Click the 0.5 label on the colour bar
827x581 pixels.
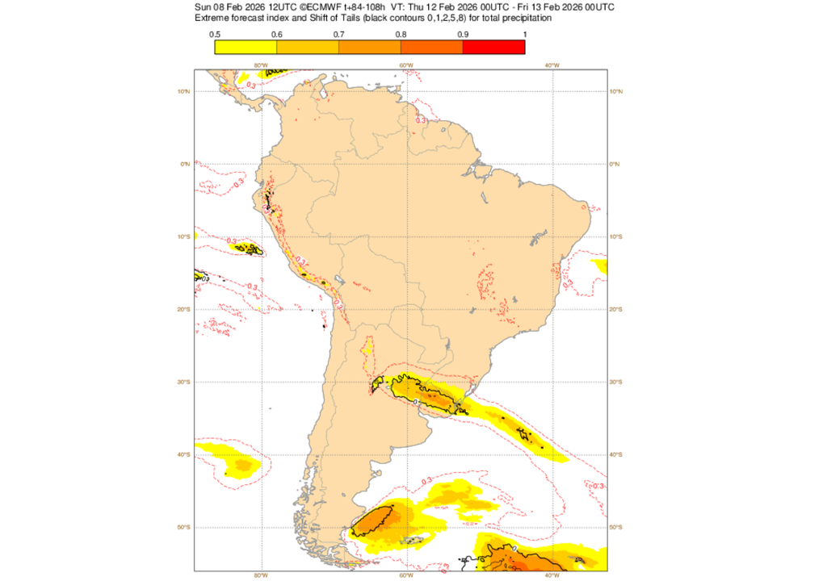pyautogui.click(x=215, y=34)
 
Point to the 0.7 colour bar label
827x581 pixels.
pyautogui.click(x=339, y=34)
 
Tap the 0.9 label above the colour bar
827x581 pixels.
pyautogui.click(x=463, y=34)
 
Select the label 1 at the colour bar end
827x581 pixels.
pyautogui.click(x=525, y=34)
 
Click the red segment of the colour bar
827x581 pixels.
pyautogui.click(x=493, y=47)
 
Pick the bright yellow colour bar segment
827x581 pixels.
pyautogui.click(x=246, y=47)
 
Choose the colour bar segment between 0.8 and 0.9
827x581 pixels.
pyautogui.click(x=432, y=47)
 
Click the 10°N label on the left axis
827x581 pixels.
pyautogui.click(x=184, y=91)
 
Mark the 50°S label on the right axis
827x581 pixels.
pyautogui.click(x=616, y=527)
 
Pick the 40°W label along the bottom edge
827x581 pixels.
pyautogui.click(x=552, y=575)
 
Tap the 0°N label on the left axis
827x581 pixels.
pyautogui.click(x=185, y=164)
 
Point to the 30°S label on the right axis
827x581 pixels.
pyautogui.click(x=616, y=382)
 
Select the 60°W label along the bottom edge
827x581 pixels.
pyautogui.click(x=406, y=575)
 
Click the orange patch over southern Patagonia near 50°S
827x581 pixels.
pyautogui.click(x=373, y=520)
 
